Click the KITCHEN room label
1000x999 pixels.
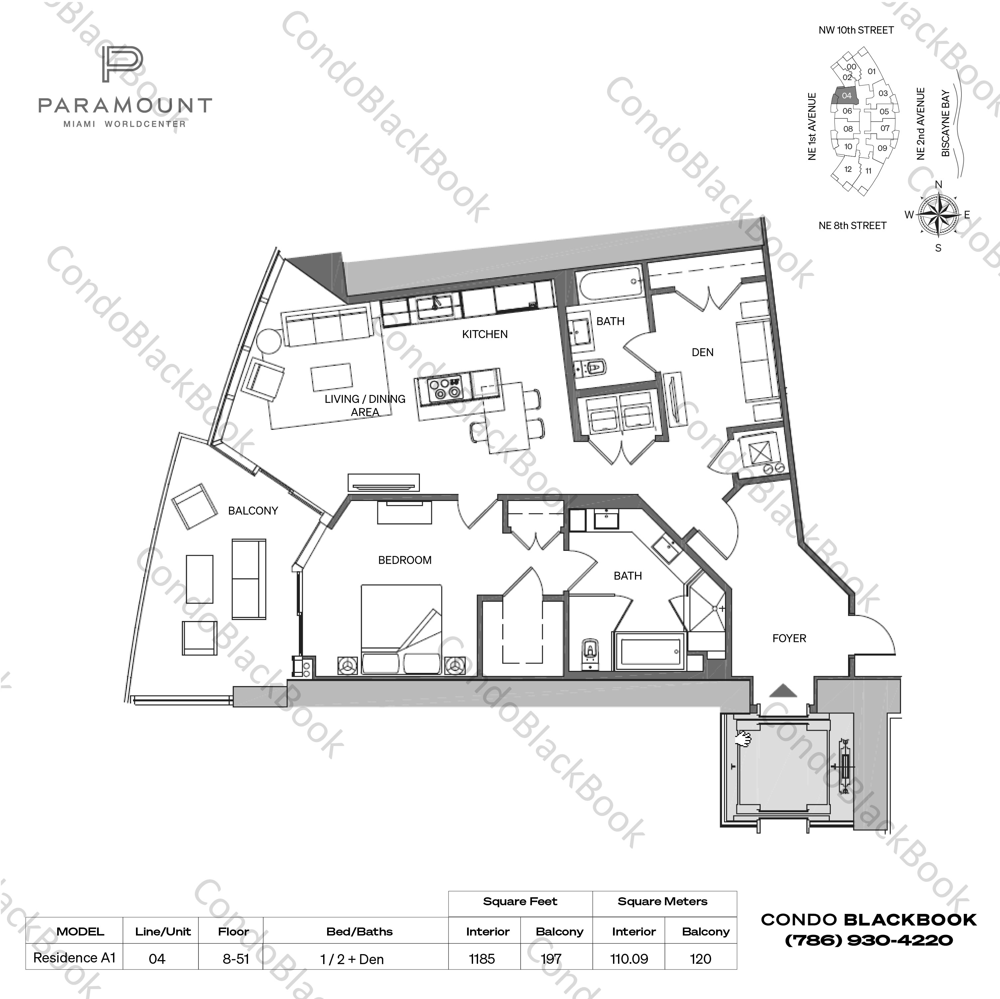pos(484,334)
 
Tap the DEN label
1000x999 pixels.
pos(702,352)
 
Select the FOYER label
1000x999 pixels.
pos(789,639)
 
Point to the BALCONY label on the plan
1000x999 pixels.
pos(253,511)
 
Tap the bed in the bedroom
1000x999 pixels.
pos(402,629)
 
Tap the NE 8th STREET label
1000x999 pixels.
pos(852,226)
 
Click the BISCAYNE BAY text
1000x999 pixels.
pos(946,123)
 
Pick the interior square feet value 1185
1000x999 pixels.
pos(482,959)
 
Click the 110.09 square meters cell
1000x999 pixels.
pos(629,959)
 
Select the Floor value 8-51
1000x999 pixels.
pos(235,959)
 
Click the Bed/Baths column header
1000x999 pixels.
pos(359,932)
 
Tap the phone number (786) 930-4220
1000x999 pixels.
pos(869,940)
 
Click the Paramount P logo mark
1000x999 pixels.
pos(122,65)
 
